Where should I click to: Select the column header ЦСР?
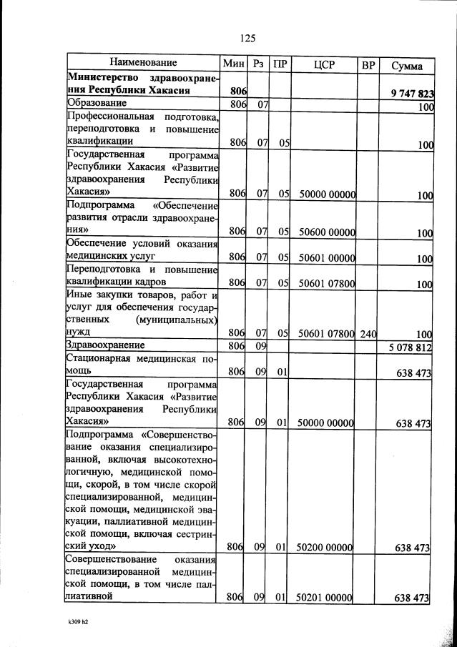[x=325, y=65]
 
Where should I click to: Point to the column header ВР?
[x=368, y=65]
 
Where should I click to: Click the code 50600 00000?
[x=327, y=232]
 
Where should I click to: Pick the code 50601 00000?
[x=327, y=258]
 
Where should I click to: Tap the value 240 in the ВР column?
[x=368, y=333]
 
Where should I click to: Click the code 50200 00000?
[x=326, y=548]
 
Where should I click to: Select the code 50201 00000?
[x=326, y=597]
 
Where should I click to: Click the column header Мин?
[x=234, y=64]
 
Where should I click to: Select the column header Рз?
[x=259, y=64]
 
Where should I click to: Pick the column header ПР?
[x=281, y=64]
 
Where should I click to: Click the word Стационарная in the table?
[x=102, y=360]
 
